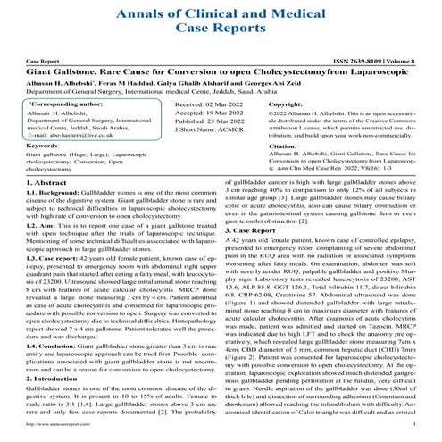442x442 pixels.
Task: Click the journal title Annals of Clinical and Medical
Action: point(221,13)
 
